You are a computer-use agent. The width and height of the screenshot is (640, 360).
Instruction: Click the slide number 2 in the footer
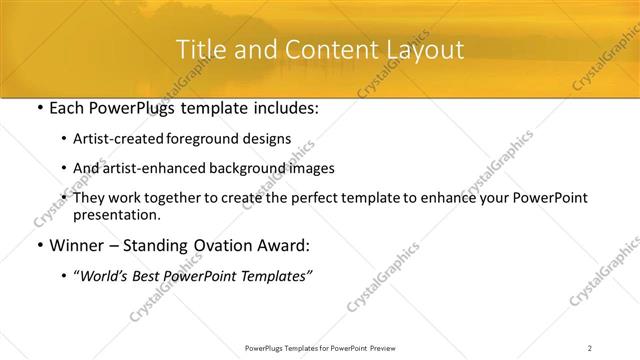tap(590, 348)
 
